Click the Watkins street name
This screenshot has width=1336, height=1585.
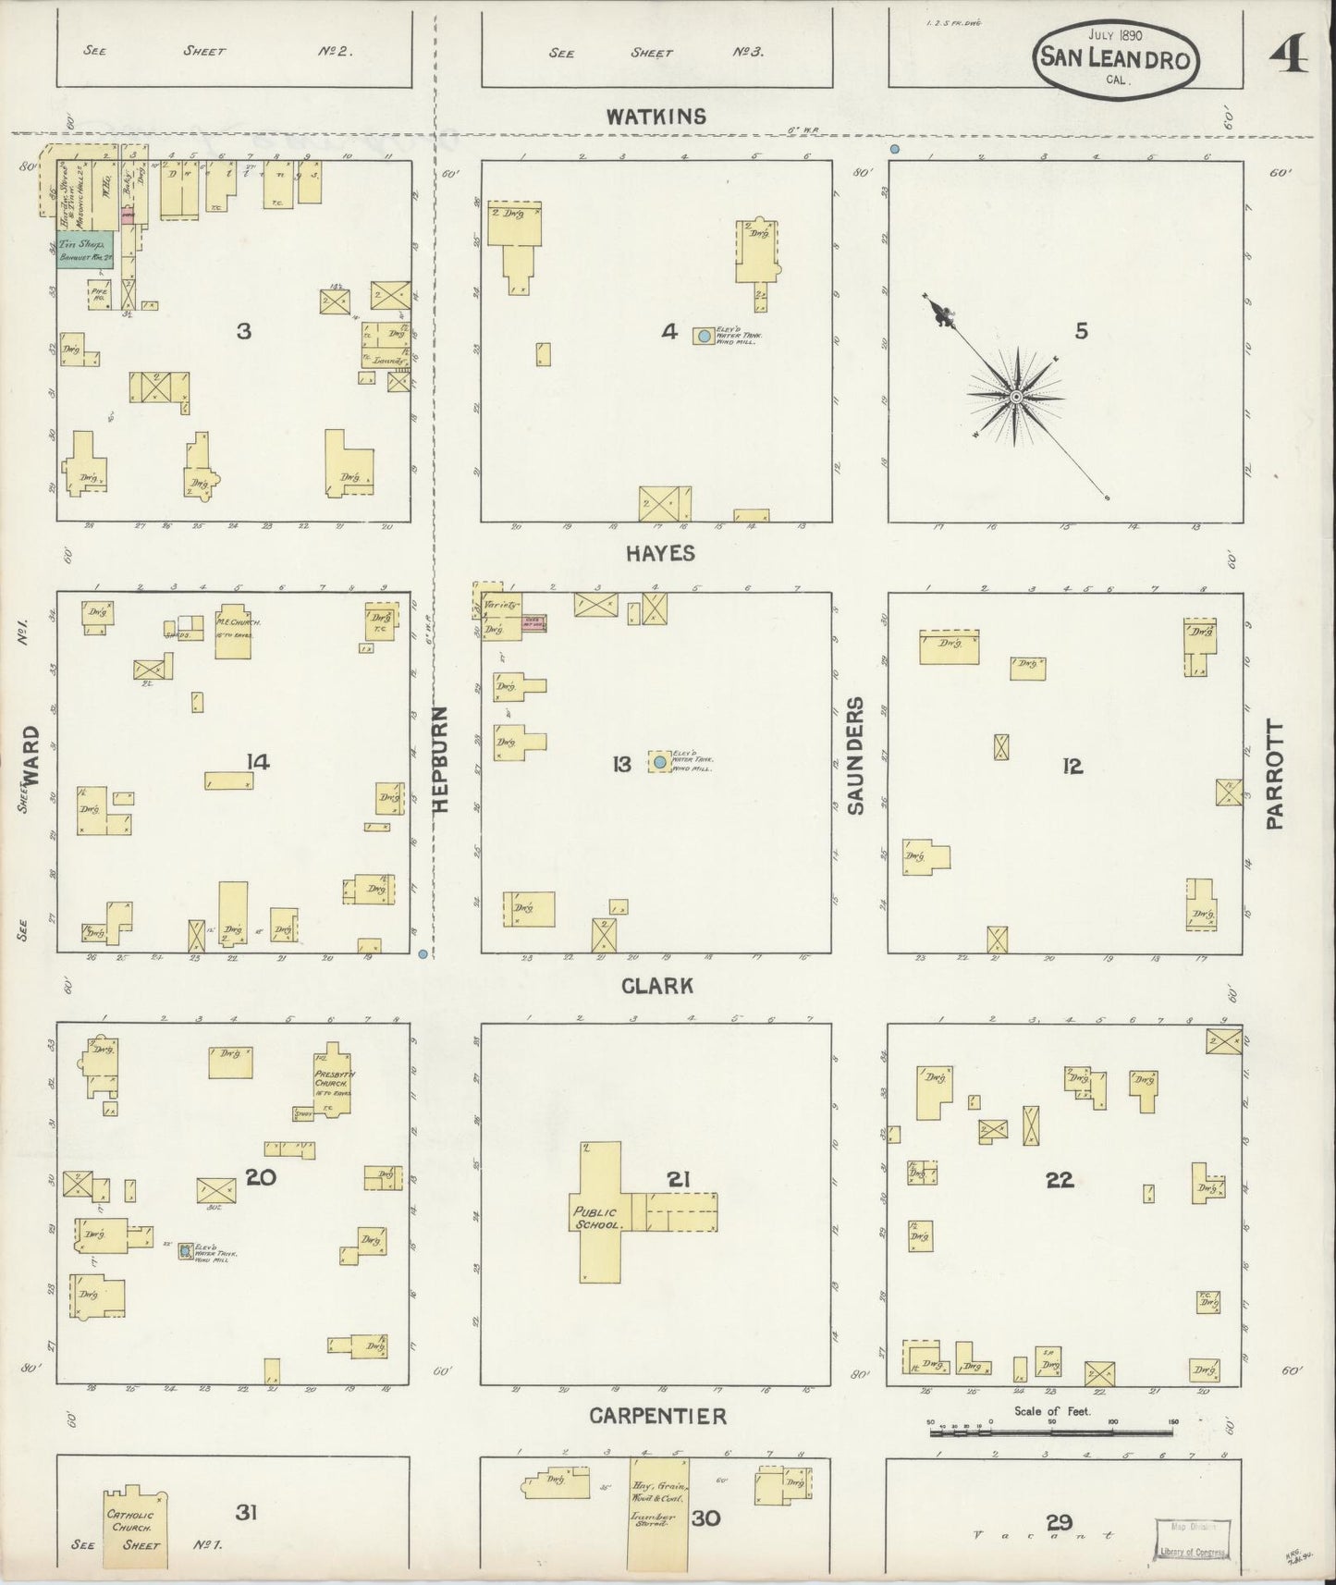656,117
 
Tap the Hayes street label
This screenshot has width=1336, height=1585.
659,553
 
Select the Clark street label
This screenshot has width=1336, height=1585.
657,986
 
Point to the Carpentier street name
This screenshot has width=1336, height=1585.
657,1416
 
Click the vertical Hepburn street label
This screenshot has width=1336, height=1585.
440,760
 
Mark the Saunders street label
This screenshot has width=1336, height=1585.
856,756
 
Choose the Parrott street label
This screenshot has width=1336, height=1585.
1276,775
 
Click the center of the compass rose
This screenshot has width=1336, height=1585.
1016,397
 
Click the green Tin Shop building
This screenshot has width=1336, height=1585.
82,250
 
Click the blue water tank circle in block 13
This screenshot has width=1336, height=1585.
659,762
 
